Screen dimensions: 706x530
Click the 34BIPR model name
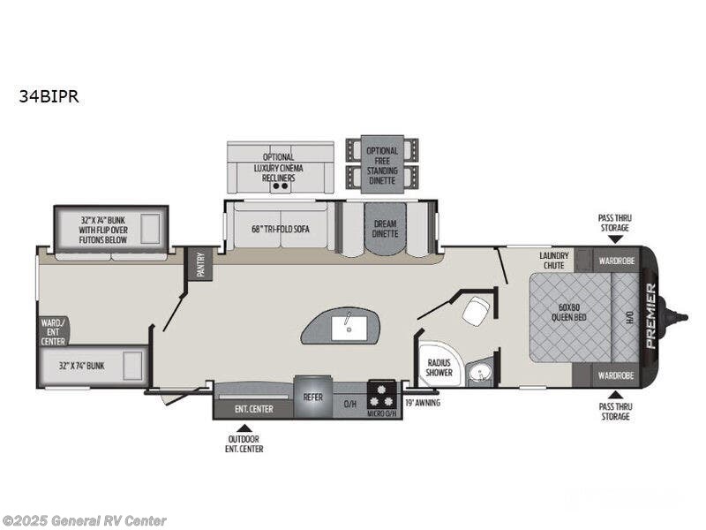point(49,96)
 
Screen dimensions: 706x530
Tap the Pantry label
point(200,264)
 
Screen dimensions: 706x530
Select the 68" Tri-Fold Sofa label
point(281,229)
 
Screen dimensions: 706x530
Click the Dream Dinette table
point(386,228)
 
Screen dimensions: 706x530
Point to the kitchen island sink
point(349,328)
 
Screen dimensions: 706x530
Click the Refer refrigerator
point(313,397)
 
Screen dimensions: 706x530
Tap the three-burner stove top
point(382,395)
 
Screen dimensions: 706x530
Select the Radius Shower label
point(439,367)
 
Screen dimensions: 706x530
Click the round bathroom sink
point(479,373)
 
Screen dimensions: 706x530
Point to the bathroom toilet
point(476,311)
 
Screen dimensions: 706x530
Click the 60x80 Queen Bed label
point(569,312)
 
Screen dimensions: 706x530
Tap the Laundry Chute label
point(554,261)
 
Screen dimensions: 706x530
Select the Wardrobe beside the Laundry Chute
point(616,261)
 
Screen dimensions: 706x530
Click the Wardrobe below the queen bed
point(615,375)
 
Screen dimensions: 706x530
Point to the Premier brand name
point(651,315)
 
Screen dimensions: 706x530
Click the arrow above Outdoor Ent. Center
point(244,428)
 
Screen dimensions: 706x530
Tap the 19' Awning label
point(423,403)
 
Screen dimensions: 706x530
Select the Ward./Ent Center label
point(53,332)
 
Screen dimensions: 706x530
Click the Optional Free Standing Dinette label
point(382,166)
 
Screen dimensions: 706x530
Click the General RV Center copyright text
point(84,521)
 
